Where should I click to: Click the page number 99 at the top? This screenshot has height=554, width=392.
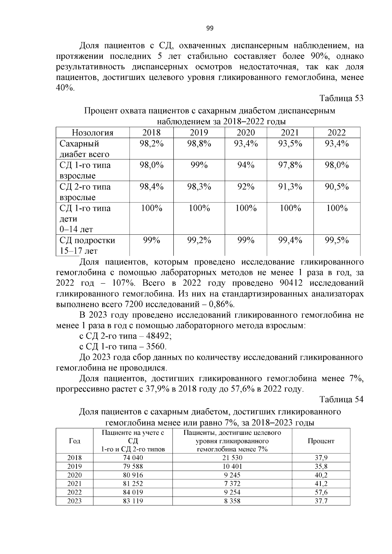pos(210,28)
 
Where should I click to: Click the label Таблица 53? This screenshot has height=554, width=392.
pos(341,98)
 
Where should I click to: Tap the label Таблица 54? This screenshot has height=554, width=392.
pos(341,400)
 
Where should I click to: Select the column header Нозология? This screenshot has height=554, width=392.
pos(92,133)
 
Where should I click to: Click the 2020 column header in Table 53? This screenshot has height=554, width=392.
pos(246,133)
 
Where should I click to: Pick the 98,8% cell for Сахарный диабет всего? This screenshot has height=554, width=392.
pos(199,144)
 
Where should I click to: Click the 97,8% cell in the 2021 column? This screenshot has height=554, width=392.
pos(290,165)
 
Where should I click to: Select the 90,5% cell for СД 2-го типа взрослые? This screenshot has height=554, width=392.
pos(336,187)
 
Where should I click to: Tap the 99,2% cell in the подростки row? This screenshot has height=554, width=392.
pos(199,241)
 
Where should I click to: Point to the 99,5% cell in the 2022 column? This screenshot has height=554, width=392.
pos(336,241)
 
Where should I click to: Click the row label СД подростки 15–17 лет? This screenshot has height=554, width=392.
pos(87,245)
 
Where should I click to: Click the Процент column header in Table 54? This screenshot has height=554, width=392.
pos(321,441)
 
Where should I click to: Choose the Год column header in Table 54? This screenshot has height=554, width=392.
pos(74,441)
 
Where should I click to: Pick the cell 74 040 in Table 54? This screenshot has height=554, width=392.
pos(133,458)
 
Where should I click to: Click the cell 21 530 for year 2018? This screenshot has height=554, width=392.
pos(232,458)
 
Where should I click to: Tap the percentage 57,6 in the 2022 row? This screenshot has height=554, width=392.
pos(321,492)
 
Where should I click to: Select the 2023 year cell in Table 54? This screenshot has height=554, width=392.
pos(74,501)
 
